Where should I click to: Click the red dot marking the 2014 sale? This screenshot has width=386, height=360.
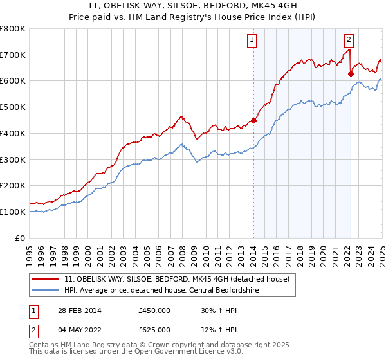[253, 120]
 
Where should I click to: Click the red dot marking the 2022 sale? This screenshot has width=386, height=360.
[351, 74]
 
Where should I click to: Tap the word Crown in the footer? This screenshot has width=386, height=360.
[161, 345]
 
